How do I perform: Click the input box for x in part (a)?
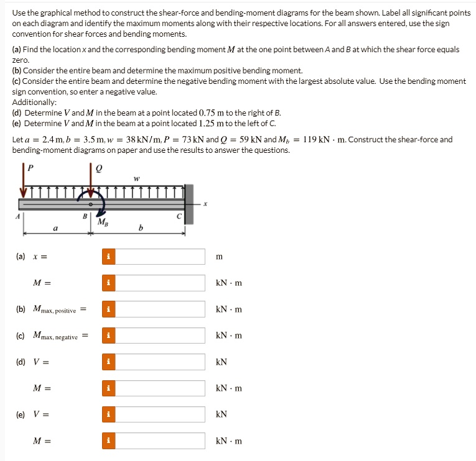tap(159, 257)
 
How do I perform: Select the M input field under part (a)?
tap(159, 283)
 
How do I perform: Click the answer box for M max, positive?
tap(159, 309)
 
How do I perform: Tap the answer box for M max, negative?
tap(159, 335)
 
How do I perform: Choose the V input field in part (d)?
tap(159, 362)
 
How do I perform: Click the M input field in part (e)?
tap(159, 441)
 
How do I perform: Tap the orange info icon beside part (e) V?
tap(109, 414)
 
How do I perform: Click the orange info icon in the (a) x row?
tap(109, 257)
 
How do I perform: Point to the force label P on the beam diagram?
tap(27, 167)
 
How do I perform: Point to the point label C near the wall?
tap(178, 216)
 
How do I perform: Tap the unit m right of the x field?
tap(218, 257)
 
